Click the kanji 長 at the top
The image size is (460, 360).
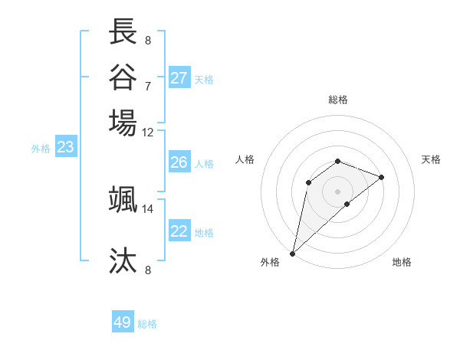(123, 32)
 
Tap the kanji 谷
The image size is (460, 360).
(123, 77)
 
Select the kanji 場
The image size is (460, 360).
(123, 123)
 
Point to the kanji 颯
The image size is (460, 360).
(123, 199)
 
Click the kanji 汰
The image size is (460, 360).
(123, 261)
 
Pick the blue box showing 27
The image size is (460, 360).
(179, 78)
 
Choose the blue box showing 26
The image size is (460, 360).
(179, 162)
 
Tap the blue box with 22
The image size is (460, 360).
(179, 231)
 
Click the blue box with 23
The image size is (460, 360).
(65, 148)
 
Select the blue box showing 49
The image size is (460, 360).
(123, 322)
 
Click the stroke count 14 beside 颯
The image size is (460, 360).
(148, 208)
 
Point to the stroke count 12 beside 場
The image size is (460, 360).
(148, 131)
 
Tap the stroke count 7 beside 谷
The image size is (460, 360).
(148, 86)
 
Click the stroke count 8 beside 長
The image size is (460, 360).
(148, 40)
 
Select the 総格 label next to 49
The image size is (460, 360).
(147, 324)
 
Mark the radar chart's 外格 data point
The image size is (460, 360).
(292, 254)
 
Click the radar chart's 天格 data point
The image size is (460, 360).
(382, 177)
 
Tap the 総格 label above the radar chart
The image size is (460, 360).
(337, 100)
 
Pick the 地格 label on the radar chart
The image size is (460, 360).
(402, 262)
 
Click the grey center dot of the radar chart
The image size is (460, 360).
(337, 191)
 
